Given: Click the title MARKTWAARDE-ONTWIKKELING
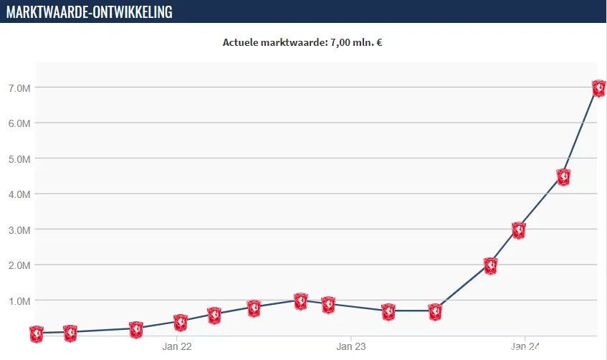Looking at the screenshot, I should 90,11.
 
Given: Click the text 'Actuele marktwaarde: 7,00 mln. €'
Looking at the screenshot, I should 302,42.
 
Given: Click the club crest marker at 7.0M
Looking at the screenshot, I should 599,88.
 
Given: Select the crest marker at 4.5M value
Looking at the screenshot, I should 563,177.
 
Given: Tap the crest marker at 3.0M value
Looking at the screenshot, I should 519,230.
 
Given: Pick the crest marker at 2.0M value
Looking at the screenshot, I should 491,265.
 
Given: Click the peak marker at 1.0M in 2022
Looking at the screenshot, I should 301,300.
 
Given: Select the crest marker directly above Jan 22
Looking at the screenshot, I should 181,322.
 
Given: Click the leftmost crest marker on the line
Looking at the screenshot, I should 37,333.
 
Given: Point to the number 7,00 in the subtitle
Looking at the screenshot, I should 342,42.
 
